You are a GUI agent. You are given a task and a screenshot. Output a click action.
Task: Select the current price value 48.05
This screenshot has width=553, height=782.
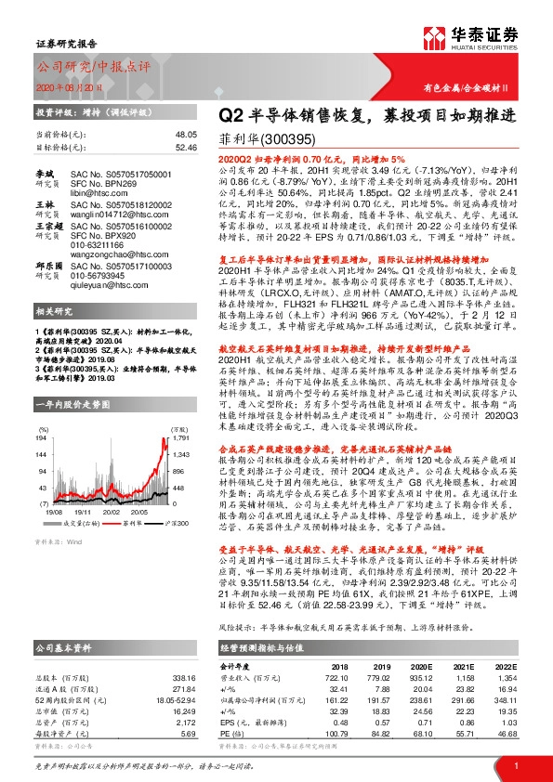(x=186, y=134)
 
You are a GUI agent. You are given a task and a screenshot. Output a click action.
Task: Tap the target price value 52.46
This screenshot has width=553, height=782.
(x=186, y=146)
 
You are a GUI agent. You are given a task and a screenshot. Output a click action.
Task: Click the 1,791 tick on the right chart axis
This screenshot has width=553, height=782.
(x=181, y=411)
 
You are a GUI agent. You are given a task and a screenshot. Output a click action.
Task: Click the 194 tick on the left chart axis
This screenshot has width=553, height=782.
(x=40, y=411)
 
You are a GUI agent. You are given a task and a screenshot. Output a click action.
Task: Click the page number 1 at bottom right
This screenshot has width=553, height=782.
(x=513, y=763)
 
